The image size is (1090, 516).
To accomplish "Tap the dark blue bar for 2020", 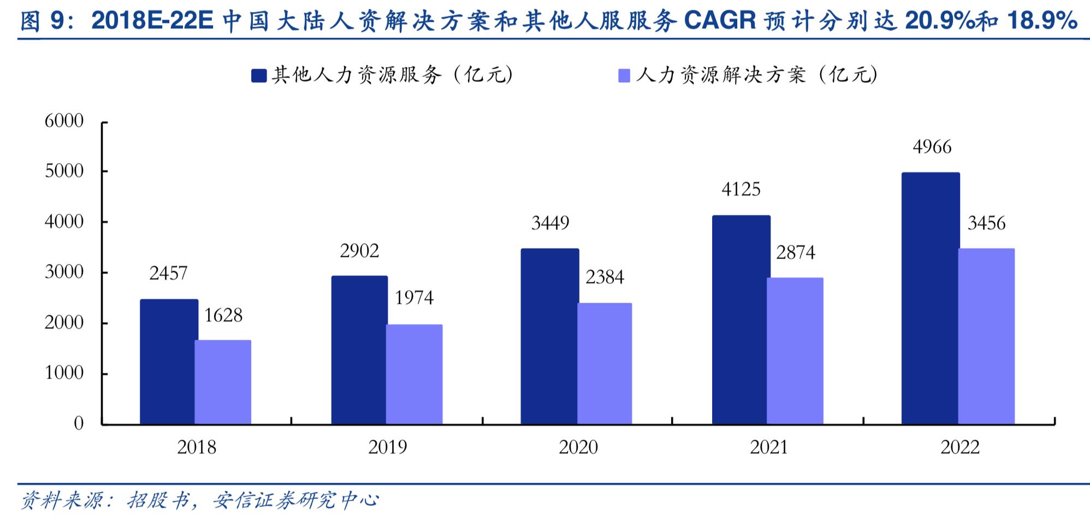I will [549, 337].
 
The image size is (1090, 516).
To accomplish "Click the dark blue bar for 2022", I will [930, 298].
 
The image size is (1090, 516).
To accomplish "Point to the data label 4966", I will [932, 147].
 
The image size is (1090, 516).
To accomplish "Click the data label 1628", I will [223, 315].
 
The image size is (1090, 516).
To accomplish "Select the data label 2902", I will [359, 251].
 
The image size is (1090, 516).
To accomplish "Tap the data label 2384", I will [605, 278].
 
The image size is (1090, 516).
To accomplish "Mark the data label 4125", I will [741, 189].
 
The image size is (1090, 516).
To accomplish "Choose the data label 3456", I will [986, 223].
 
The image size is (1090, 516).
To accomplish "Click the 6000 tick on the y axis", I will [64, 121].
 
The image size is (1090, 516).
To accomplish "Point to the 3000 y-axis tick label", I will [64, 272].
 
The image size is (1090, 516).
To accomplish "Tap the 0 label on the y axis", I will [79, 424].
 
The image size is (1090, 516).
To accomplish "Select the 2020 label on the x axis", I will [578, 447].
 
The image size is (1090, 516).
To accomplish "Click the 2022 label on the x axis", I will [959, 447].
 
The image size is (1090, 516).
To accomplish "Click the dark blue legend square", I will [258, 75].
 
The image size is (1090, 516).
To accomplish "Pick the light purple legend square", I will [624, 75].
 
